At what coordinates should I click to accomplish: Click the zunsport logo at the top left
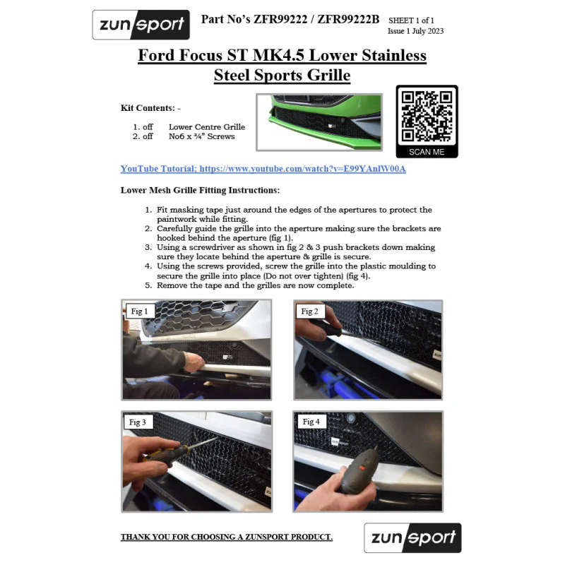(141, 25)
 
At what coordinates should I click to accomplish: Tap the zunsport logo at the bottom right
(412, 537)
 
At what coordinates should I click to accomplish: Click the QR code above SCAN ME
(427, 117)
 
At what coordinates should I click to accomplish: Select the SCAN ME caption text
(427, 152)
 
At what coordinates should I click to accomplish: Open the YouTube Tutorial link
(263, 169)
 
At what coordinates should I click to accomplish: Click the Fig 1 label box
(139, 311)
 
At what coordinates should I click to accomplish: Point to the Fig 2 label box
(310, 311)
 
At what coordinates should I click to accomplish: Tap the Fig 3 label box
(138, 422)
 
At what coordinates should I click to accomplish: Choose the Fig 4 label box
(311, 422)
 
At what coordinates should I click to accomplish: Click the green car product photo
(319, 122)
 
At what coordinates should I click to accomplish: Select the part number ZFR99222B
(348, 20)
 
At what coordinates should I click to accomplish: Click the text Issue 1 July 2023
(415, 31)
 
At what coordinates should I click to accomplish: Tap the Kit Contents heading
(150, 108)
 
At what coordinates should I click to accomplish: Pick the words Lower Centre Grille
(207, 127)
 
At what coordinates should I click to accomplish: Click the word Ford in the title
(156, 55)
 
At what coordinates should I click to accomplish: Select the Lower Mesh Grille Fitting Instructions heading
(200, 190)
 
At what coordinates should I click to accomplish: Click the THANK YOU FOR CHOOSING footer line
(226, 537)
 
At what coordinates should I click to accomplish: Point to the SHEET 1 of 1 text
(411, 20)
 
